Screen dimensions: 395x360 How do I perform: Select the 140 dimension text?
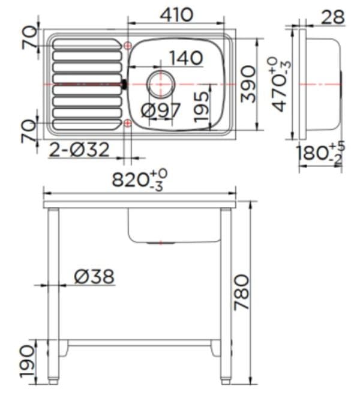185,58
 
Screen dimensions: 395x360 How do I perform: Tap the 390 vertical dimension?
248,85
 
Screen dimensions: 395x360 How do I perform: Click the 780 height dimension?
241,292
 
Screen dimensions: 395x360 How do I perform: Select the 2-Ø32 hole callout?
79,149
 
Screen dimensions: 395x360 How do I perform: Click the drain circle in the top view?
160,83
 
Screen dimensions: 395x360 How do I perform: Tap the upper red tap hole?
127,46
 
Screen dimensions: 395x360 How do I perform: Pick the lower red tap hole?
127,123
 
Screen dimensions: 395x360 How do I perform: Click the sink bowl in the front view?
174,226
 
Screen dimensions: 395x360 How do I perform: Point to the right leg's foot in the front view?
226,380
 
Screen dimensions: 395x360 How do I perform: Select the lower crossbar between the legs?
139,343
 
